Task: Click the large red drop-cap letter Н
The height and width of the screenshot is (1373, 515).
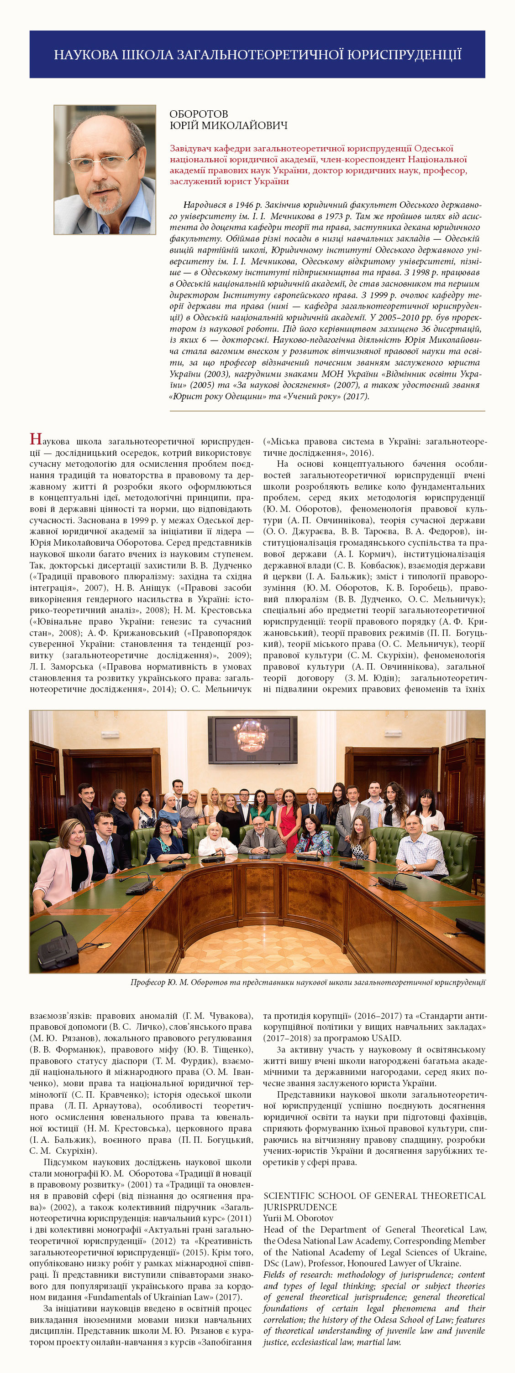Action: coord(35,439)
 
